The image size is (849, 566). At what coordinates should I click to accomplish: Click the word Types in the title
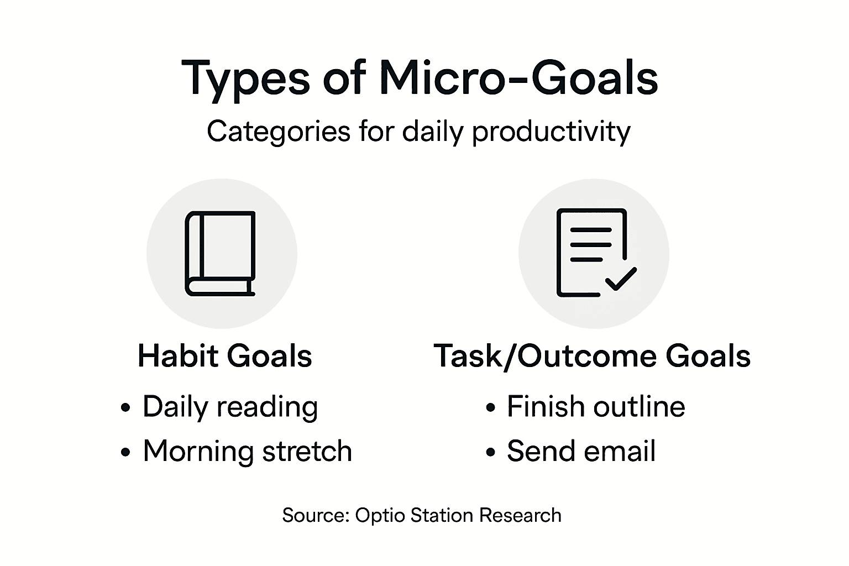[x=245, y=78]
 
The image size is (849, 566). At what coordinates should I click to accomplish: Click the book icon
[x=220, y=253]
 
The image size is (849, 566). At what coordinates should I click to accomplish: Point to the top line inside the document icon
[x=590, y=229]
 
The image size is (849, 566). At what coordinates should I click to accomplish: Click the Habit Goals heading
[x=224, y=355]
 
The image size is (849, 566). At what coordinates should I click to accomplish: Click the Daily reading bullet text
[x=230, y=407]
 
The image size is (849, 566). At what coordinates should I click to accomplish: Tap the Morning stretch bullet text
[x=247, y=451]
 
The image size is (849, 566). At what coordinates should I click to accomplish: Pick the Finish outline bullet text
[x=596, y=407]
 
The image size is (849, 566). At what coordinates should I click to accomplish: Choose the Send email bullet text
[x=581, y=451]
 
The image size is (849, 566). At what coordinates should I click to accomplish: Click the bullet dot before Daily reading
[x=126, y=408]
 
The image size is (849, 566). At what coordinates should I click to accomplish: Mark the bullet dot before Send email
[x=490, y=452]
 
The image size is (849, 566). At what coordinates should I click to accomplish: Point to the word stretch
[x=307, y=451]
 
